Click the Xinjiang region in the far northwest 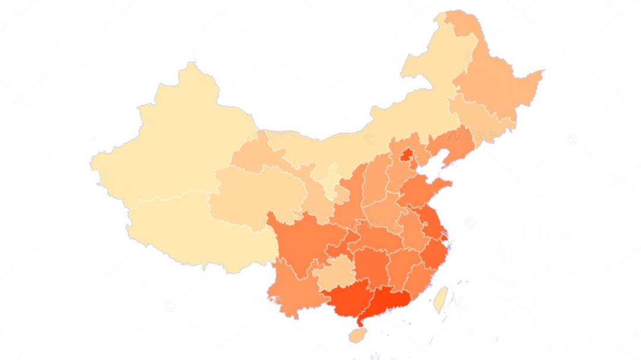click(178, 142)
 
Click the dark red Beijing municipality click(407, 156)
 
